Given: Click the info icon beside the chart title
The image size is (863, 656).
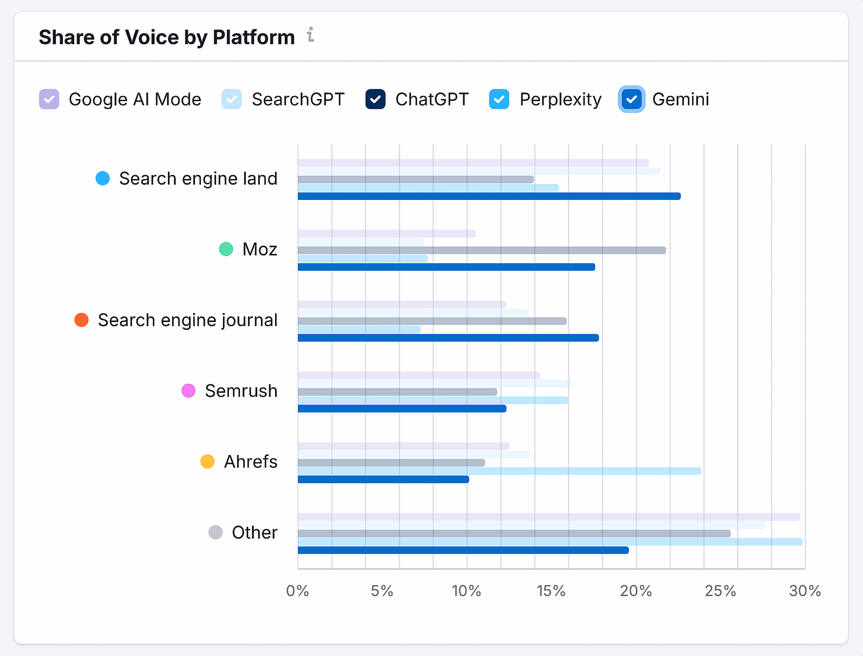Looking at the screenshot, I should click(311, 35).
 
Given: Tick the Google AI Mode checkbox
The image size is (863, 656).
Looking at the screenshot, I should click(49, 99).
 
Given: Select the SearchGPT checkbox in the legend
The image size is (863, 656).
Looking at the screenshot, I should click(231, 99).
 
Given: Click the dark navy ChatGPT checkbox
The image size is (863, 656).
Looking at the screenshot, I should click(375, 99).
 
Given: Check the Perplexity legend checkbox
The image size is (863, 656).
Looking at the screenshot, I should click(499, 99).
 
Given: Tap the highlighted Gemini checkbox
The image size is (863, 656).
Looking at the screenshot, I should click(631, 99).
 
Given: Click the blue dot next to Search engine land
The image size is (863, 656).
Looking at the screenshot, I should click(103, 178).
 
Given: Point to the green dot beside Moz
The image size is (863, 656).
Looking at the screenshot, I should click(226, 249).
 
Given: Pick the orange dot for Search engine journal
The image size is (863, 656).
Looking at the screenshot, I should click(82, 320).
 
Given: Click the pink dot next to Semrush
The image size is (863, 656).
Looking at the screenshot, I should click(188, 391).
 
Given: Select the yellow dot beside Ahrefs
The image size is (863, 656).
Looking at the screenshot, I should click(207, 461).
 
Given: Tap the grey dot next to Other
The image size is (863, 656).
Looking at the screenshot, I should click(215, 532).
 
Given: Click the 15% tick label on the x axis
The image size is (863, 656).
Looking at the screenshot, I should click(551, 591).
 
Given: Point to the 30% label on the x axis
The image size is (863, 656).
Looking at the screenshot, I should click(805, 591).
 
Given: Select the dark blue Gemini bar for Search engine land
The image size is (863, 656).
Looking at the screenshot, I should click(489, 196).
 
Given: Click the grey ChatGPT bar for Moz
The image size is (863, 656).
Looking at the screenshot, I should click(482, 250).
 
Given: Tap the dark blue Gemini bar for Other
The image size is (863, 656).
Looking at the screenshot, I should click(463, 550).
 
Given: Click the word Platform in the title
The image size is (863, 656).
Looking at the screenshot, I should click(254, 37).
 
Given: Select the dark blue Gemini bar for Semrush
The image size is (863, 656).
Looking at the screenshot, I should click(402, 409).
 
